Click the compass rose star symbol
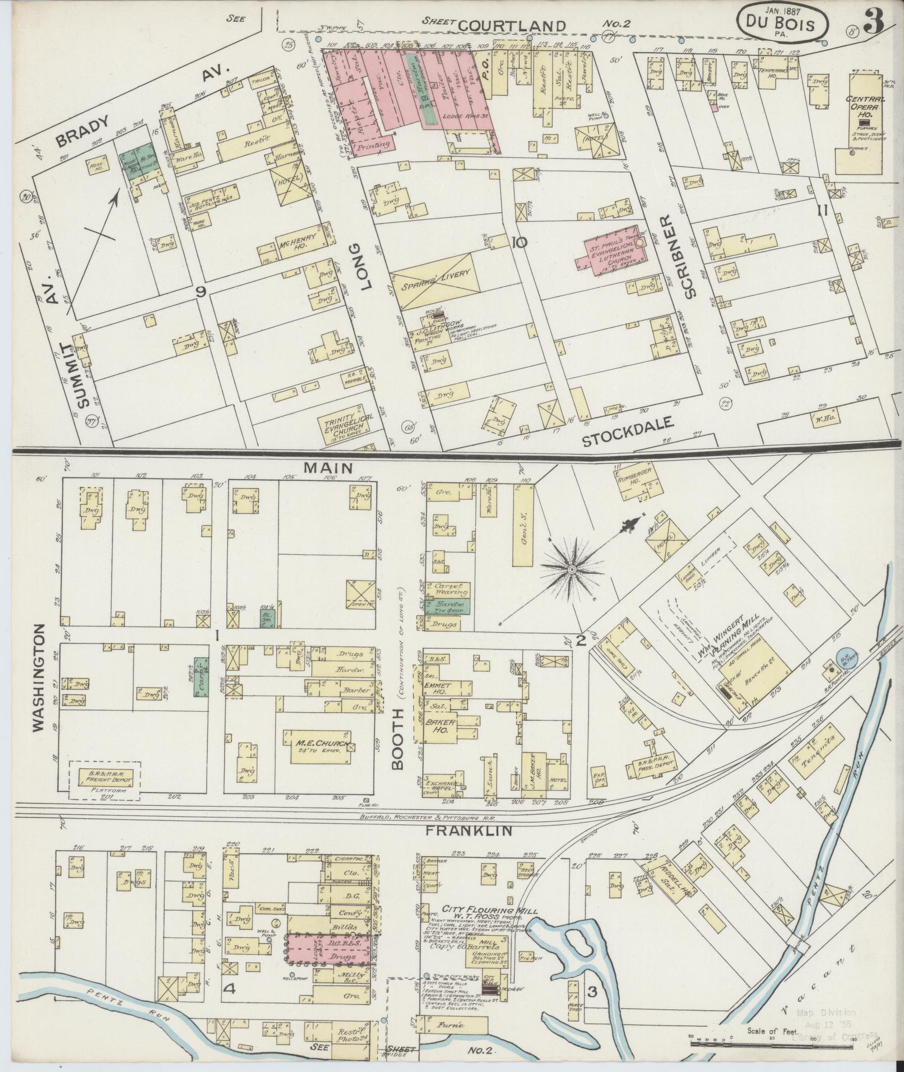click(x=572, y=569)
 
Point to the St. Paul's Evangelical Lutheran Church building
click(x=611, y=251)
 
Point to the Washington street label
click(x=38, y=677)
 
